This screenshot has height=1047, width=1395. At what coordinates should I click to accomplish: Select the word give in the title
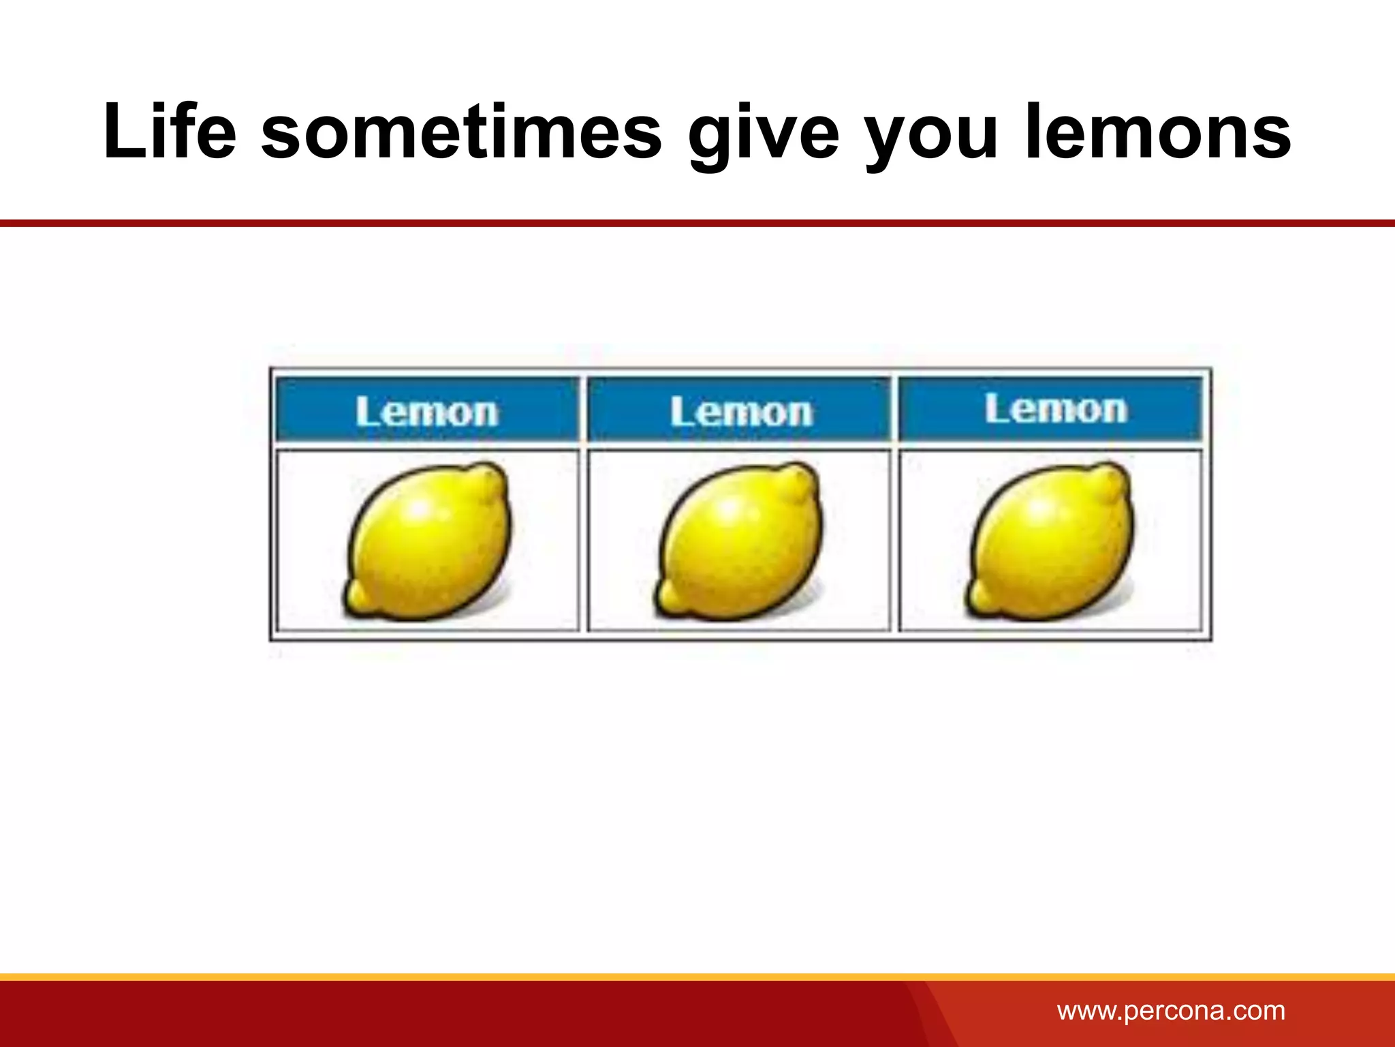click(764, 133)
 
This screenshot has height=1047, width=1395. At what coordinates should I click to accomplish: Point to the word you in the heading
click(932, 133)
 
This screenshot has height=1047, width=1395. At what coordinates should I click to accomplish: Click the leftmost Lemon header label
click(427, 412)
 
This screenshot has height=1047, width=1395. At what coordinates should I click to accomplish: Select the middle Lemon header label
click(741, 412)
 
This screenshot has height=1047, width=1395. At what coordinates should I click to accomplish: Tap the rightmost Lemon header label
click(1056, 409)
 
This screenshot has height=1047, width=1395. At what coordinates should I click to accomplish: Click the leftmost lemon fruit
click(427, 542)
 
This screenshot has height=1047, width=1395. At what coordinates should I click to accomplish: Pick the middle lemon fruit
click(739, 542)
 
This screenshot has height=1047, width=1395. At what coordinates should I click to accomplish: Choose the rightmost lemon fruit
click(1050, 542)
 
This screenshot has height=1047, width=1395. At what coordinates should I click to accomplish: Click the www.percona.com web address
click(1171, 1010)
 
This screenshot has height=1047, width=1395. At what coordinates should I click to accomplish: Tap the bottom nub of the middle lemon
click(670, 598)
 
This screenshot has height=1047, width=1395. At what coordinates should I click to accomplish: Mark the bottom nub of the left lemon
click(358, 598)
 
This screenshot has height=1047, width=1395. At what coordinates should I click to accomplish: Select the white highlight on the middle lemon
click(730, 509)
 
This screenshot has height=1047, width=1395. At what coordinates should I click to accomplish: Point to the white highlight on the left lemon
click(418, 509)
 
